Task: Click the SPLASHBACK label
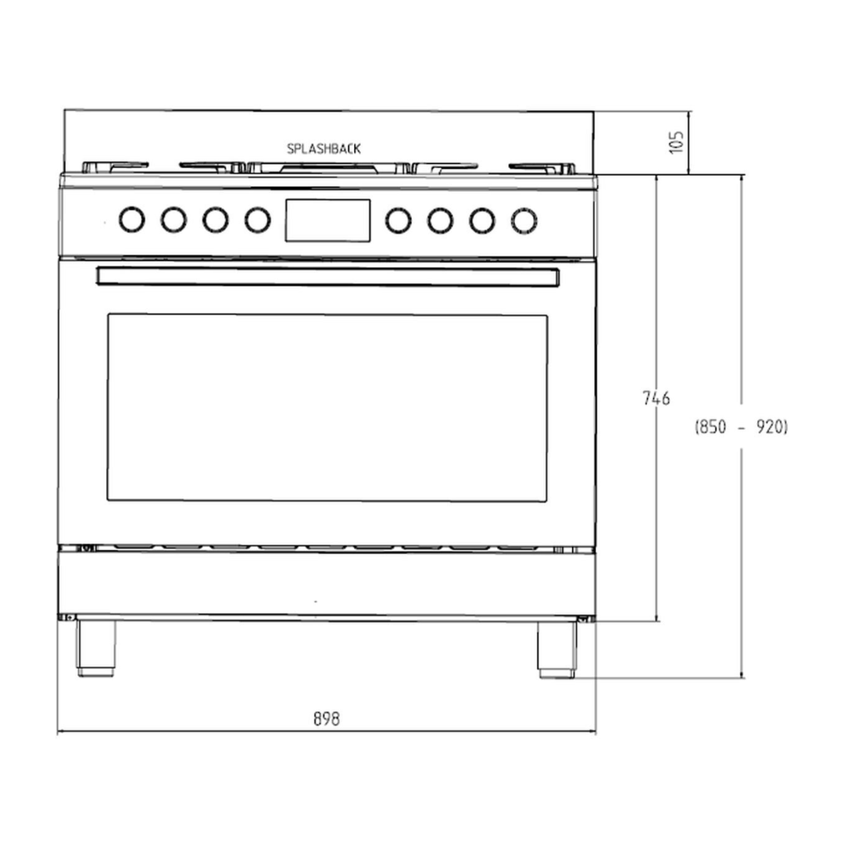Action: pyautogui.click(x=324, y=149)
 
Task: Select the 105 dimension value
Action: pyautogui.click(x=678, y=141)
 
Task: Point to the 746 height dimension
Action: pyautogui.click(x=656, y=399)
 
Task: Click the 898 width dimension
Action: pyautogui.click(x=326, y=719)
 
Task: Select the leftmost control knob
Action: pyautogui.click(x=132, y=220)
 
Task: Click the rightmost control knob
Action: pyautogui.click(x=524, y=220)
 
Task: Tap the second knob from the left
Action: pyautogui.click(x=173, y=220)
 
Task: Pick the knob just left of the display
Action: pyautogui.click(x=257, y=220)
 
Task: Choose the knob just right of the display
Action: pyautogui.click(x=399, y=220)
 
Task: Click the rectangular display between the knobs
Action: pyautogui.click(x=327, y=220)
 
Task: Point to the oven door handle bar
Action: pyautogui.click(x=327, y=276)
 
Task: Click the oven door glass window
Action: pyautogui.click(x=327, y=408)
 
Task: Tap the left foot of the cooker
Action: pyautogui.click(x=95, y=648)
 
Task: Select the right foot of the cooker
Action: pyautogui.click(x=557, y=648)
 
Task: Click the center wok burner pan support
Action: pyautogui.click(x=328, y=166)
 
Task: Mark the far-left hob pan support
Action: pyautogui.click(x=115, y=166)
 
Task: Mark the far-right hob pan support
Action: pyautogui.click(x=542, y=166)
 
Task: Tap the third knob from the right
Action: pyautogui.click(x=441, y=220)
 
